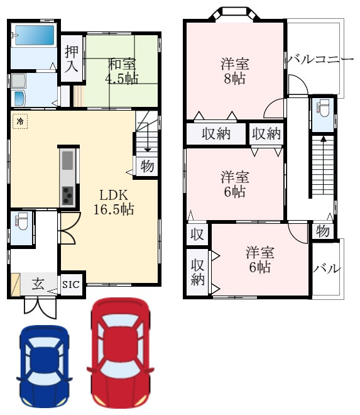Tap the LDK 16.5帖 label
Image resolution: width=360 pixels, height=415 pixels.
(x=114, y=202)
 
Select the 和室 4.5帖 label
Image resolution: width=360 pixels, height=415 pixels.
(x=122, y=71)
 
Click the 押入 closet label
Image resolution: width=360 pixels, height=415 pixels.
(x=72, y=58)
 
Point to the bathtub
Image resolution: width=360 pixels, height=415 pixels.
(x=35, y=35)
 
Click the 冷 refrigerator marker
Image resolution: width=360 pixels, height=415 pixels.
(x=20, y=121)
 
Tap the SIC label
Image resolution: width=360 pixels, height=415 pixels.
(x=71, y=284)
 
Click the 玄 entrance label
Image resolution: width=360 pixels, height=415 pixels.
(x=38, y=284)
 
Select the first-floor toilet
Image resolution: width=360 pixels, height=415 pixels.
(x=21, y=221)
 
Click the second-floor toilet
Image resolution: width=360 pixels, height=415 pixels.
(x=323, y=108)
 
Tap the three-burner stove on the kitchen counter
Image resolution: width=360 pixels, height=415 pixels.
(x=67, y=196)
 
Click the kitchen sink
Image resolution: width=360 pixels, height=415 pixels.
(x=67, y=160)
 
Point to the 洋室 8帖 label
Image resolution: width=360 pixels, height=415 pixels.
(x=235, y=71)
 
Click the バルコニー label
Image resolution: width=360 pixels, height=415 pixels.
(x=320, y=59)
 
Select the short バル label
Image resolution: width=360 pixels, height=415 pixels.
(x=327, y=269)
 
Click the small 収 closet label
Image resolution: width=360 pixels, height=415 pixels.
(x=197, y=235)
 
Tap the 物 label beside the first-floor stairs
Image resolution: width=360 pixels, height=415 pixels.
(x=147, y=166)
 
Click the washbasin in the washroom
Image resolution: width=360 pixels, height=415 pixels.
(x=18, y=98)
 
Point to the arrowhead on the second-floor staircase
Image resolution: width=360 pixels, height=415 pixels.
(x=323, y=138)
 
